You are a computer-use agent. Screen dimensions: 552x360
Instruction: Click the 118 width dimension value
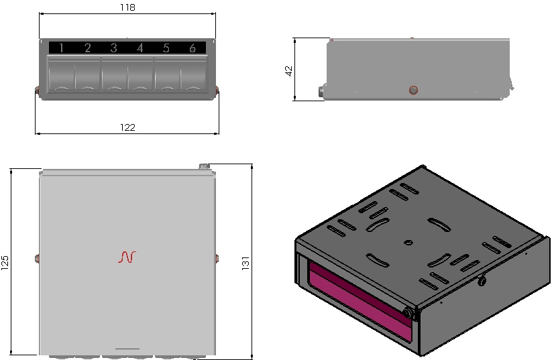point(127,7)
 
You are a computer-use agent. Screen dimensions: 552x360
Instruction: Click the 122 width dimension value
point(127,127)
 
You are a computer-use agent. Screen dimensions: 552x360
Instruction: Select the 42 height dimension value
point(288,71)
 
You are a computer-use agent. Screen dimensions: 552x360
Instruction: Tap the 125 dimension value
point(5,263)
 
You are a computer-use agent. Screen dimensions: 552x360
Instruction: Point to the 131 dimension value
point(245,263)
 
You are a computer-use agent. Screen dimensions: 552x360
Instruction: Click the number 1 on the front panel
point(62,48)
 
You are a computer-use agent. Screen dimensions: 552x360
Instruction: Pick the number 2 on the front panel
point(88,48)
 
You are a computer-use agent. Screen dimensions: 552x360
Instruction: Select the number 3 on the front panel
point(114,48)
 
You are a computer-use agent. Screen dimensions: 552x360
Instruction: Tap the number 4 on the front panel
point(140,48)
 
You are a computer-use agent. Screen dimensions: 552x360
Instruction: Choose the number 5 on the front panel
point(166,48)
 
